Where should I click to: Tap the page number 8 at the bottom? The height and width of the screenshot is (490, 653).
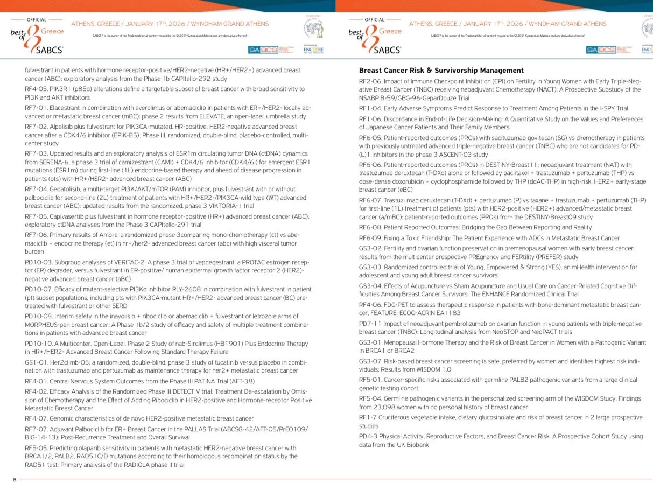[15, 479]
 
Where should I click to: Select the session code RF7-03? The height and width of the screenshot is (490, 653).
[36, 147]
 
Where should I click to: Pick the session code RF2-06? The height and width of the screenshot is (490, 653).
[370, 81]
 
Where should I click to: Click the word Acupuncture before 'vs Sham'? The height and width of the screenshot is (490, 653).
[419, 286]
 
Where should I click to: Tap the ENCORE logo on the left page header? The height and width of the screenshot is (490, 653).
[314, 50]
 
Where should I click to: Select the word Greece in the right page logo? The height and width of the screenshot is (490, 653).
[390, 31]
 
